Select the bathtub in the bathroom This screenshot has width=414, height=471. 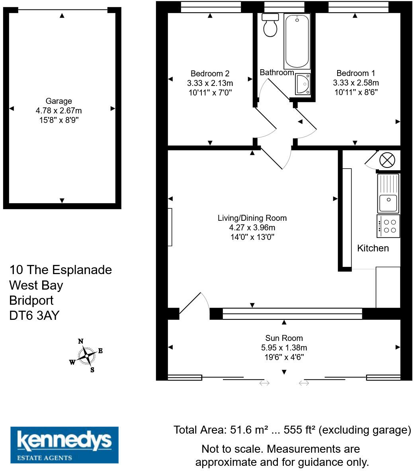[x=297, y=41]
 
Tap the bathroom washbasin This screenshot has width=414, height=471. [x=303, y=84]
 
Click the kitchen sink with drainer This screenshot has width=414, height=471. [x=388, y=194]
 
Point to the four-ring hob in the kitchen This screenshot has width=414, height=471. [x=388, y=226]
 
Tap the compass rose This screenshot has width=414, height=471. [x=86, y=356]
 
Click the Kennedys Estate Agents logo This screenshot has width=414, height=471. [x=64, y=445]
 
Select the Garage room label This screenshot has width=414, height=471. [x=59, y=101]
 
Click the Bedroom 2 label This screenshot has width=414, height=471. [x=210, y=74]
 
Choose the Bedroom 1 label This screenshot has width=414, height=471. [x=355, y=73]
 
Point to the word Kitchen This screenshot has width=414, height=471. [x=373, y=248]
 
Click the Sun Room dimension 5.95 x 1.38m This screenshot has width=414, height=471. [x=284, y=348]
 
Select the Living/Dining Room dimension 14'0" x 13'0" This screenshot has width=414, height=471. [x=252, y=237]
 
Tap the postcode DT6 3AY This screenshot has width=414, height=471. [x=34, y=315]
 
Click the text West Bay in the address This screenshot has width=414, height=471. [x=36, y=285]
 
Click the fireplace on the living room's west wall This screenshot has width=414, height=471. [x=170, y=227]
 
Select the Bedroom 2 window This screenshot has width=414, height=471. [x=211, y=7]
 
